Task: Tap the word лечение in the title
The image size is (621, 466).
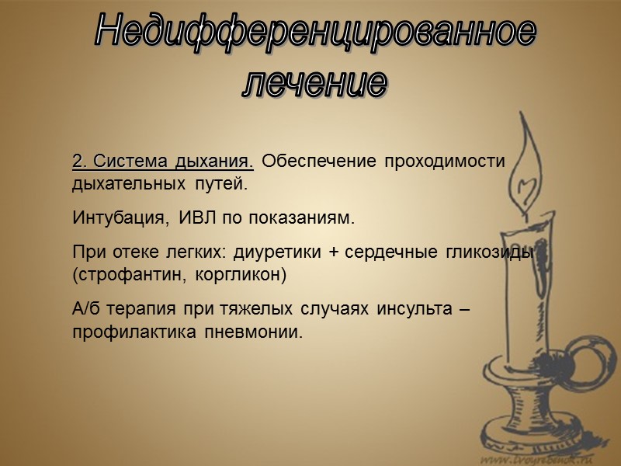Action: point(314,82)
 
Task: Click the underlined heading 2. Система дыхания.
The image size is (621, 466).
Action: point(162,162)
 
